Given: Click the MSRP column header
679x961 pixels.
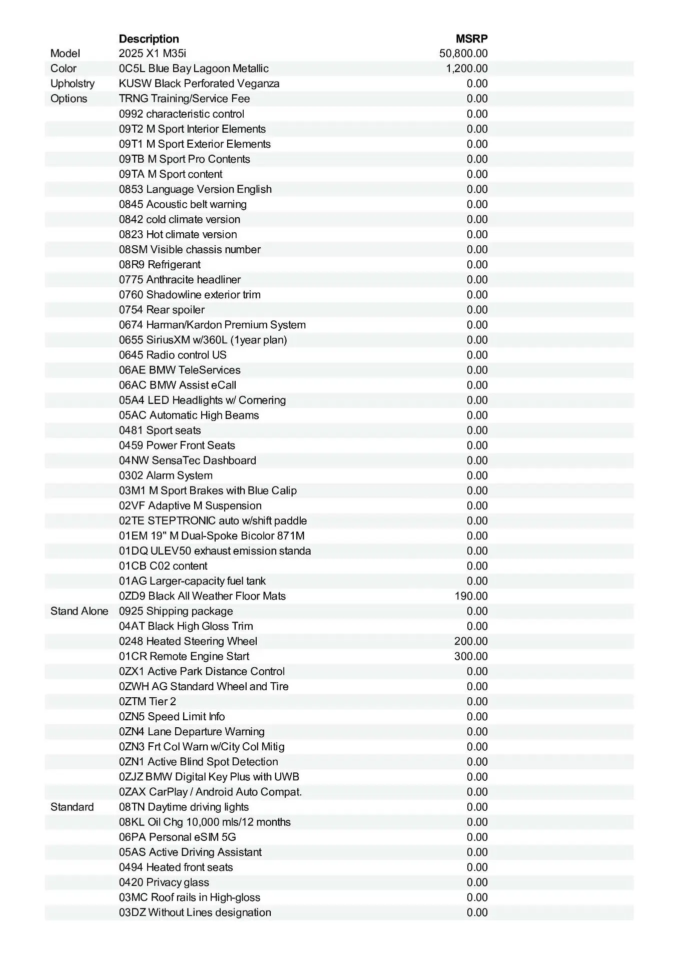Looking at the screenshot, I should tap(471, 39).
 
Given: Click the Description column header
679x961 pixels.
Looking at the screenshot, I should tap(149, 39).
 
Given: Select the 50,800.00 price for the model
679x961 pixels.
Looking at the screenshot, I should tap(463, 54).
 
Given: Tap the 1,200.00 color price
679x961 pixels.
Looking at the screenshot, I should tap(466, 69).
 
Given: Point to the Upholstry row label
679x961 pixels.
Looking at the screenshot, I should tap(72, 84).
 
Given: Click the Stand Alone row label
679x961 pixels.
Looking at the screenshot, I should tap(79, 611).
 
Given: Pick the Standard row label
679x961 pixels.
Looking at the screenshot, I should tap(72, 807).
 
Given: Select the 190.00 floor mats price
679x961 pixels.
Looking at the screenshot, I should tap(470, 596).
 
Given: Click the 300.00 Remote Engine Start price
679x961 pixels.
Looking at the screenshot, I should tap(470, 656).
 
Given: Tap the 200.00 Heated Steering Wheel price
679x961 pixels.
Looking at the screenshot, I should tap(470, 641).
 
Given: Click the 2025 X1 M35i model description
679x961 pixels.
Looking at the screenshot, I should tap(152, 54).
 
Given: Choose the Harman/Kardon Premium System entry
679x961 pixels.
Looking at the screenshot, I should tap(212, 325).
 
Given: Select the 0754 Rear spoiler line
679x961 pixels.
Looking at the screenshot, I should tap(162, 310).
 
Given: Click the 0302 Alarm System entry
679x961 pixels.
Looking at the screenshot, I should tap(166, 475).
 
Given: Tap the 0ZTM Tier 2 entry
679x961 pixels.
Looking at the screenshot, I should tap(147, 701).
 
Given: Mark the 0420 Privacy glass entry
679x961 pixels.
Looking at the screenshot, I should tap(164, 882).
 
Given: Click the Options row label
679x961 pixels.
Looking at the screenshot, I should tap(69, 99).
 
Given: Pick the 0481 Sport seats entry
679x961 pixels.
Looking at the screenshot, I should tap(160, 430).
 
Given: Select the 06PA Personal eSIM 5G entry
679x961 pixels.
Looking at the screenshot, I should tap(177, 837).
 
